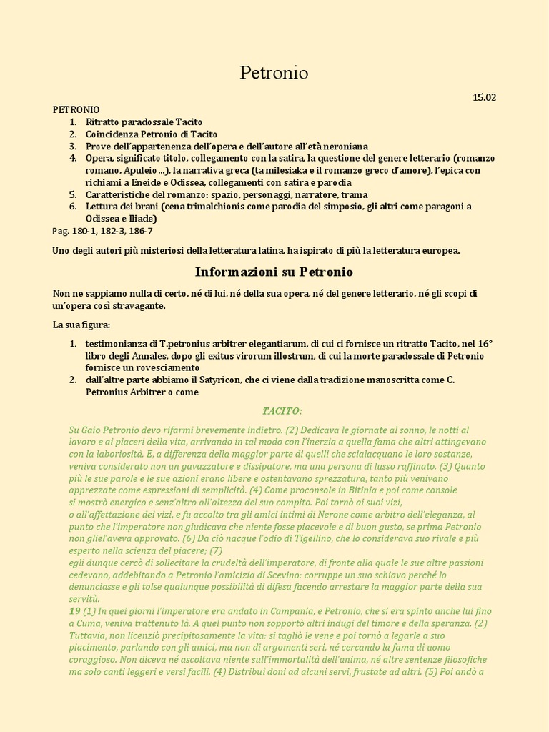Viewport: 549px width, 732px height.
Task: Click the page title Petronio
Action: [274, 73]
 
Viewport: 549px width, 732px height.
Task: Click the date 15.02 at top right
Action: [484, 97]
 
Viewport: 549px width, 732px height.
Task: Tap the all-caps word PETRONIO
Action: [76, 110]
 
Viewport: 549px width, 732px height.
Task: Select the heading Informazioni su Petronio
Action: [274, 272]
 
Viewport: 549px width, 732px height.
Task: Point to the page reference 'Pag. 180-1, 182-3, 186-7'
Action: [102, 231]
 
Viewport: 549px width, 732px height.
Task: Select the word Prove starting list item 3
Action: [99, 146]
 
